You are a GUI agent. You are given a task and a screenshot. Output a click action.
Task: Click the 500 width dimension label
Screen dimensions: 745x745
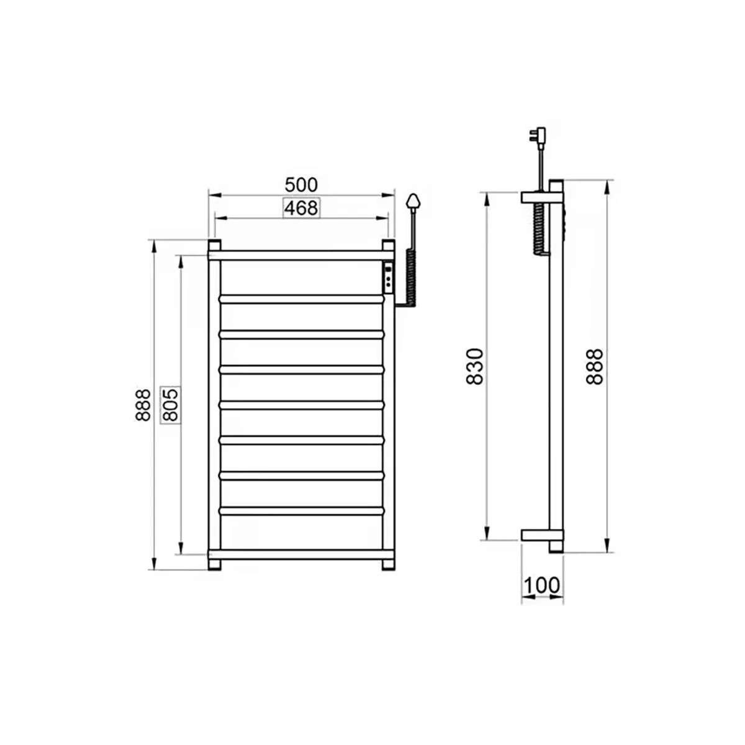[301, 185]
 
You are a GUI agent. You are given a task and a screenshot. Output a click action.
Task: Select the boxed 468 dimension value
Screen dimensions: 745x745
[301, 208]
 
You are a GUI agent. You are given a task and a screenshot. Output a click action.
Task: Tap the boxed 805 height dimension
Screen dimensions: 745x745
[171, 405]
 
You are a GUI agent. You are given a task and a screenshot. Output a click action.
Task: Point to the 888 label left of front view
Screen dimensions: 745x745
[143, 405]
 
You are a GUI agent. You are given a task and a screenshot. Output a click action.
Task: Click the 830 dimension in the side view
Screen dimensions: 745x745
[474, 366]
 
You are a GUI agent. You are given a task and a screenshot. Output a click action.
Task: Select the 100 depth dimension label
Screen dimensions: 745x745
[542, 585]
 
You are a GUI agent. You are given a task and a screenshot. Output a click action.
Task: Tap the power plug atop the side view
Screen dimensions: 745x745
[536, 135]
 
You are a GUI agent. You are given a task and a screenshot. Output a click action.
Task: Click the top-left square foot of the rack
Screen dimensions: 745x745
[214, 245]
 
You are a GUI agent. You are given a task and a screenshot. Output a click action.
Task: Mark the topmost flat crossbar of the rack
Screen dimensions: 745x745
[301, 255]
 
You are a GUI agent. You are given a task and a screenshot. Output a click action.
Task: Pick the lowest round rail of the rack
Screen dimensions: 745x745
[301, 510]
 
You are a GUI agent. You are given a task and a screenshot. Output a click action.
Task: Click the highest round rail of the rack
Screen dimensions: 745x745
[301, 299]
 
